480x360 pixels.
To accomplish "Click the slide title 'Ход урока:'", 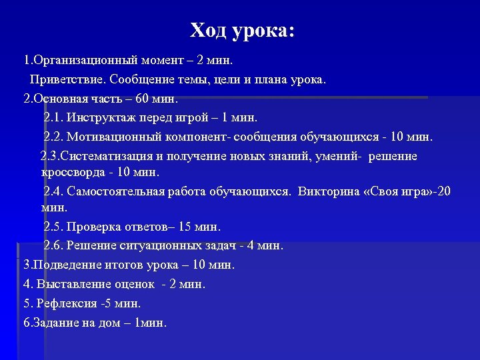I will click(241, 31).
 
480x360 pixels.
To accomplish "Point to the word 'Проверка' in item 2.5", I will click(93, 227).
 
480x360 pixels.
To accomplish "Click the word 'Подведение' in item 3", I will click(67, 265).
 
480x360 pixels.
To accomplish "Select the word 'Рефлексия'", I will click(66, 303).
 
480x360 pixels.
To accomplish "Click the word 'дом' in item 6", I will click(107, 323).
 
